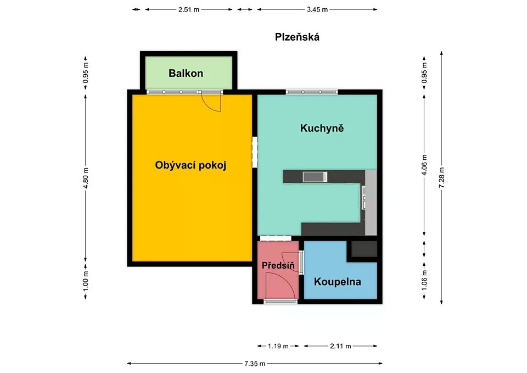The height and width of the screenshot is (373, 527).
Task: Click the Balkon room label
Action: pyautogui.click(x=186, y=73)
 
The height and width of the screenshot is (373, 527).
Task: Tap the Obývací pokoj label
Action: pyautogui.click(x=190, y=165)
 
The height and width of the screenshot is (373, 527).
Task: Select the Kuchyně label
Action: pyautogui.click(x=322, y=128)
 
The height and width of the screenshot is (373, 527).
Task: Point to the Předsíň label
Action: pyautogui.click(x=278, y=265)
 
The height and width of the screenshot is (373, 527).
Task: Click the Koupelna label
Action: pyautogui.click(x=338, y=281)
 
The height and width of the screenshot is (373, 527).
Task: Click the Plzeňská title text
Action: pyautogui.click(x=297, y=37)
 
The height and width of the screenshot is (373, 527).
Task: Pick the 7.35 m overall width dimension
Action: pyautogui.click(x=255, y=363)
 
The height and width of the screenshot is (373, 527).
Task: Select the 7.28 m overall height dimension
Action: pyautogui.click(x=441, y=177)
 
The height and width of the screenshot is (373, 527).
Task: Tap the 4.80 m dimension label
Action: pyautogui.click(x=86, y=178)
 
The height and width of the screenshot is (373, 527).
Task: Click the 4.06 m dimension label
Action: pyautogui.click(x=424, y=165)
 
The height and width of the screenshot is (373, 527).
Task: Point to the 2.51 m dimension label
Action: pyautogui.click(x=189, y=9)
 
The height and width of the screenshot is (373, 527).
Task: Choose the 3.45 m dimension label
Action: pyautogui.click(x=317, y=9)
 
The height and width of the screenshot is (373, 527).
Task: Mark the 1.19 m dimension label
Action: pyautogui.click(x=278, y=346)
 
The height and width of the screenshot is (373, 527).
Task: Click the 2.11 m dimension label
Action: pyautogui.click(x=340, y=346)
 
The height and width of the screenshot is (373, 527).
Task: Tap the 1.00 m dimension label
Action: pyautogui.click(x=86, y=281)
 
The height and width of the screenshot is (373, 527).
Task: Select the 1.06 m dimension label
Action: pyautogui.click(x=424, y=281)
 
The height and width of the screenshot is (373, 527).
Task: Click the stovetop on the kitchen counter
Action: pyautogui.click(x=315, y=176)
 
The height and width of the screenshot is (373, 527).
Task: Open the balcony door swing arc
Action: pyautogui.click(x=211, y=103)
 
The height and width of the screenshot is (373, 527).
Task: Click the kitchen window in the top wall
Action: pyautogui.click(x=312, y=92)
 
